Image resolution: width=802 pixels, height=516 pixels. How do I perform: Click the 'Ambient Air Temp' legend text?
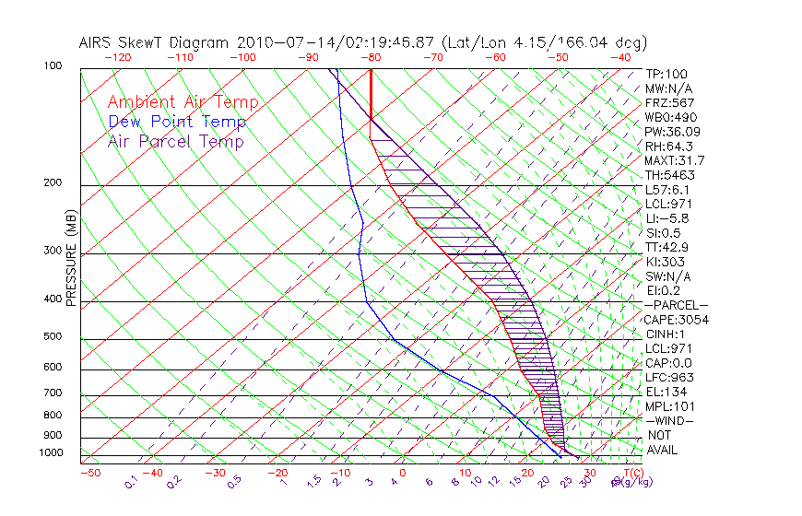tap(183, 102)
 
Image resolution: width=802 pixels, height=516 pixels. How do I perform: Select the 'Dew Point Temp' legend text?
tap(176, 122)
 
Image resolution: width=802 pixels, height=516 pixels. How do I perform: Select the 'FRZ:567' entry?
tap(670, 102)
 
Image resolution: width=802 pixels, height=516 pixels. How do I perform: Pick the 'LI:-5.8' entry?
tap(667, 218)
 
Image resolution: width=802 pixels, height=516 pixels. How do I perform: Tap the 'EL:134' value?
tap(664, 392)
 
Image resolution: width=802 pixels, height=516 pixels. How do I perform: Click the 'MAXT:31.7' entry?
tap(676, 160)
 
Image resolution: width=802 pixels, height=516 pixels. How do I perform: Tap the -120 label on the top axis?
tap(117, 57)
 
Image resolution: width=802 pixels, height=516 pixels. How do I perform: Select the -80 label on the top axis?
tap(370, 57)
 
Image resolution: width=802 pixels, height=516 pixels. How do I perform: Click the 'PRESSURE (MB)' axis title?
tap(70, 259)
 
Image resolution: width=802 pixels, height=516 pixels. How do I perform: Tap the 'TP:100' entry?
tap(666, 74)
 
